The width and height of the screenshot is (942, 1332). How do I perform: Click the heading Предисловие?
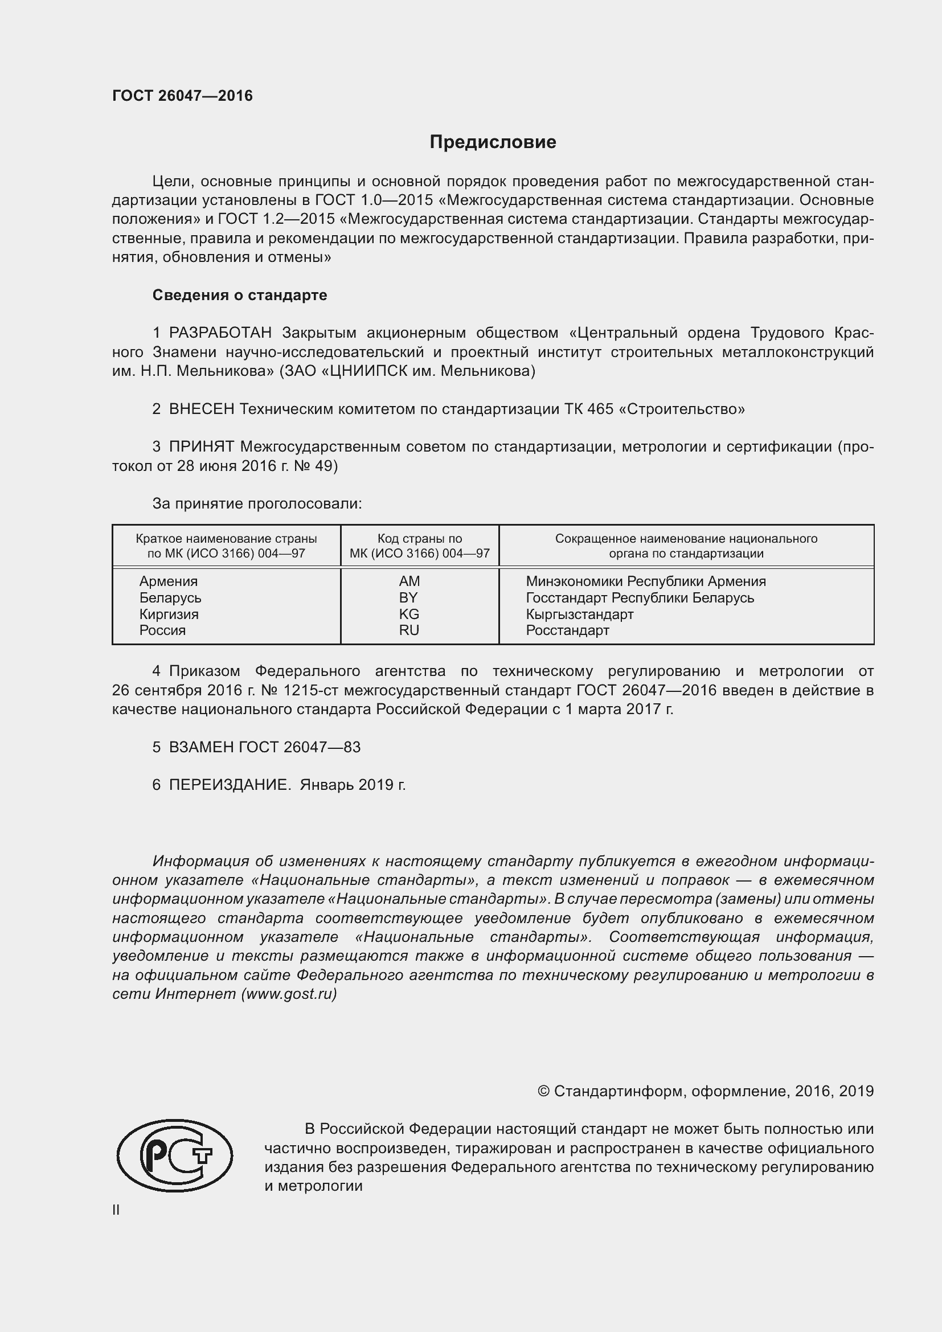[493, 142]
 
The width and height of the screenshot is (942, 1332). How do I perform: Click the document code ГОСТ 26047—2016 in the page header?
[182, 96]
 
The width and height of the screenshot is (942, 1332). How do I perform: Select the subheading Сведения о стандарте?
[240, 296]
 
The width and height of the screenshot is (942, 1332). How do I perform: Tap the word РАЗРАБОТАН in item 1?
[220, 333]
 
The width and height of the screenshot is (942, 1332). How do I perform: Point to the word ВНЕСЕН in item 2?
[201, 409]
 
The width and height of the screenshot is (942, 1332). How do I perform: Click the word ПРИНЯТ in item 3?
[201, 446]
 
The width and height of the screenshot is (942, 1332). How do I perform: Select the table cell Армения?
[168, 581]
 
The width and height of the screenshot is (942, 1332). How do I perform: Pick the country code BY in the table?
[408, 597]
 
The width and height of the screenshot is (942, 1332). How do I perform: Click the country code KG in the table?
[409, 614]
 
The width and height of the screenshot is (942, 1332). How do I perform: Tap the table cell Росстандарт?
[567, 630]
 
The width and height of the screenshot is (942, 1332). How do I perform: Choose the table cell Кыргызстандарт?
[579, 614]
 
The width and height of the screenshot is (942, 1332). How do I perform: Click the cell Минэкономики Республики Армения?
[646, 581]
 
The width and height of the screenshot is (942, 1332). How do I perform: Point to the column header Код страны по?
[419, 539]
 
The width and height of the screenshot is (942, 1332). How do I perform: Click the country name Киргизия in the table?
[169, 614]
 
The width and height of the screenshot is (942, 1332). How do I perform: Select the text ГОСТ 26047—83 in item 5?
[300, 747]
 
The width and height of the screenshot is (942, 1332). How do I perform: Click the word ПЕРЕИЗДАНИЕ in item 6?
[229, 785]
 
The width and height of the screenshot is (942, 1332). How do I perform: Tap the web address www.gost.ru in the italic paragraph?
[288, 994]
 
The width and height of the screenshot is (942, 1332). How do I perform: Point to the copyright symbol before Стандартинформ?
[543, 1091]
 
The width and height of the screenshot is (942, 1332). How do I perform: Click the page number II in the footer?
[116, 1210]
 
